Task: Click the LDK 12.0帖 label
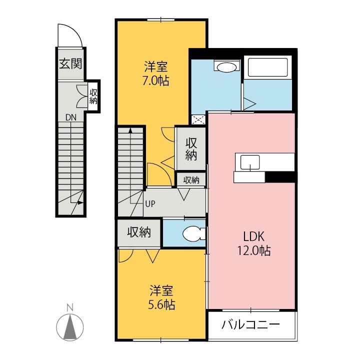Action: pyautogui.click(x=253, y=243)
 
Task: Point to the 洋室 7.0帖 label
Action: pyautogui.click(x=155, y=73)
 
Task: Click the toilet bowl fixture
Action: pyautogui.click(x=192, y=233)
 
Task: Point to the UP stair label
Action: pyautogui.click(x=150, y=203)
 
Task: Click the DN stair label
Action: pyautogui.click(x=71, y=118)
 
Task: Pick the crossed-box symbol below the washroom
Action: pyautogui.click(x=198, y=119)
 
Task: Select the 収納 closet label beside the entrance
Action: pyautogui.click(x=93, y=94)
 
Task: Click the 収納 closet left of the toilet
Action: pyautogui.click(x=139, y=233)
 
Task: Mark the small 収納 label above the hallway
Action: pyautogui.click(x=190, y=180)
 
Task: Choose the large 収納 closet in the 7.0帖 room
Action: pyautogui.click(x=190, y=148)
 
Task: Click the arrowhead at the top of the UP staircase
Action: pyautogui.click(x=130, y=130)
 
